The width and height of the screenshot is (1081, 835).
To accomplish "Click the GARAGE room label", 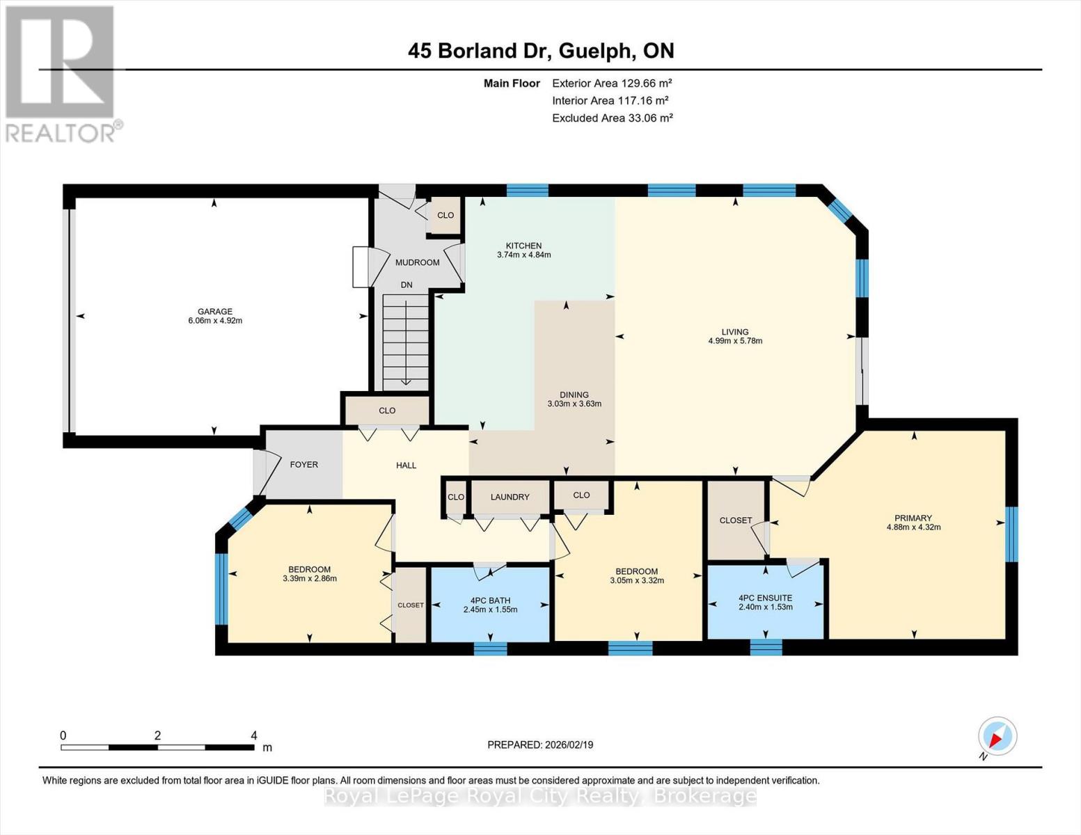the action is tap(215, 311).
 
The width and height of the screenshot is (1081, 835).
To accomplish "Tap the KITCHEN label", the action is tap(523, 246).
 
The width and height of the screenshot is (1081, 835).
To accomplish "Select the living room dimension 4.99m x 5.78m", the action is tap(735, 341).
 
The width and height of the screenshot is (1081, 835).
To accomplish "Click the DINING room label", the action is tap(574, 395).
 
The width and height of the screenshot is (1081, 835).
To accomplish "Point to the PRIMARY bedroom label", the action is tap(913, 518).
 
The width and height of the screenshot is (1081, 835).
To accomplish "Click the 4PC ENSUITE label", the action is tap(765, 598).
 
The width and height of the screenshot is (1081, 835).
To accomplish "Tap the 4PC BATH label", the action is tap(490, 601).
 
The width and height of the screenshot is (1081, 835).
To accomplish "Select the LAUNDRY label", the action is tap(510, 497).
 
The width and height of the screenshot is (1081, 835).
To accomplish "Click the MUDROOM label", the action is tap(418, 262).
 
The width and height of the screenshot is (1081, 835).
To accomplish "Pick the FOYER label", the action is tap(304, 465).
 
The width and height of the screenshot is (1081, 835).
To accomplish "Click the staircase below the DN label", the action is tap(405, 342).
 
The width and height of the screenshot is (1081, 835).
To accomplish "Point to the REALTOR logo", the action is tap(62, 74).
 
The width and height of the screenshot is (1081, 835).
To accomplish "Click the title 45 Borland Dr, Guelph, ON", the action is tap(541, 51).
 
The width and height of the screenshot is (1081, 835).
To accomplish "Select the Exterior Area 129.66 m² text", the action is tap(612, 83).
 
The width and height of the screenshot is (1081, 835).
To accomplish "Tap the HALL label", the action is tap(406, 466).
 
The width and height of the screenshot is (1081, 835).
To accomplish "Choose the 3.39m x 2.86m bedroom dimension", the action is tap(310, 579).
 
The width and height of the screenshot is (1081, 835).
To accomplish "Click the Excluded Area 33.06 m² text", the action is tap(613, 118).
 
